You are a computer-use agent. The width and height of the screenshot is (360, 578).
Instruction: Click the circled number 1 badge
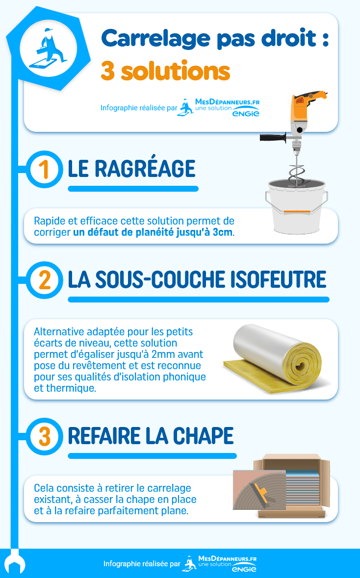[x=44, y=169]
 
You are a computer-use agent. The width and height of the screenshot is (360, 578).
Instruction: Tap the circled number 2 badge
[x=44, y=280]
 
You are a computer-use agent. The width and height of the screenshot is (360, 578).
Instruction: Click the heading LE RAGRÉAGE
[x=131, y=169]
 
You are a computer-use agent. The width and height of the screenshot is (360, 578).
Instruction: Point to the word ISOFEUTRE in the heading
[x=278, y=280]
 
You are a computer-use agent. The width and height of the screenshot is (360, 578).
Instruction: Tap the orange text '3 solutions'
[x=165, y=72]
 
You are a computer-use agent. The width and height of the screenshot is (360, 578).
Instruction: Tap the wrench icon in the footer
[x=14, y=564]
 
